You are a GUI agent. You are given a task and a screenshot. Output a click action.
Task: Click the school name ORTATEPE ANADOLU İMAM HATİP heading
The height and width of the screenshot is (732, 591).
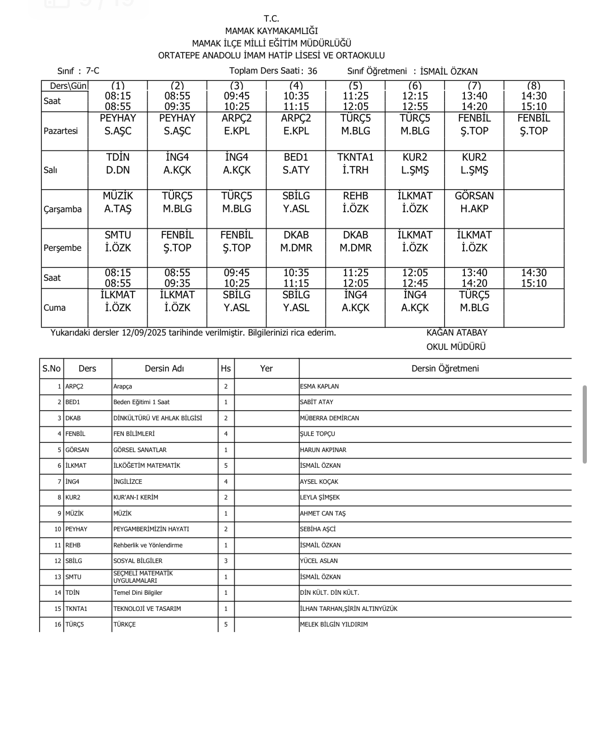[x=271, y=56]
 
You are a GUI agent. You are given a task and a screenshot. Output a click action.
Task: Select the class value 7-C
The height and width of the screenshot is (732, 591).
[x=93, y=71]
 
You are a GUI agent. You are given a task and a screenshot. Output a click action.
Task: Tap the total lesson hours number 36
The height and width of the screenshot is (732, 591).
[x=312, y=71]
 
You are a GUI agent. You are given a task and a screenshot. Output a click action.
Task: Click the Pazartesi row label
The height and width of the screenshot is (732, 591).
[x=61, y=131]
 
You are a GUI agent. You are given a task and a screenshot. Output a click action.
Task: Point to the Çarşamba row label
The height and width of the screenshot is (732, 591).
[x=63, y=209]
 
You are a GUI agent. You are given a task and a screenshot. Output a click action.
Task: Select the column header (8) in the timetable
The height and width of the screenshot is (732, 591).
[x=533, y=86]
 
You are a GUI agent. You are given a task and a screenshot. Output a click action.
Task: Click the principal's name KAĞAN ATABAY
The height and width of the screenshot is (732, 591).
[x=457, y=333]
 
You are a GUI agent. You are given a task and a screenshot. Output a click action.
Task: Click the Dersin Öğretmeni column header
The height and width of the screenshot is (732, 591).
[x=445, y=369]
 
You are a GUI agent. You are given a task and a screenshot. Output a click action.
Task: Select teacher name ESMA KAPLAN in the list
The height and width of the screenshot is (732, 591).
[x=319, y=387]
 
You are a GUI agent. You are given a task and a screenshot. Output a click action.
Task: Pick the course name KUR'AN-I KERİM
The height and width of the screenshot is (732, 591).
[x=136, y=498]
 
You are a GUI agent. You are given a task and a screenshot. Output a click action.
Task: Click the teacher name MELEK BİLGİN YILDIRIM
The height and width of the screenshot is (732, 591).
[x=334, y=625]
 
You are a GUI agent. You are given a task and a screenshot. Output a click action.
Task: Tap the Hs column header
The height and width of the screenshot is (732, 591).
[x=226, y=369]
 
